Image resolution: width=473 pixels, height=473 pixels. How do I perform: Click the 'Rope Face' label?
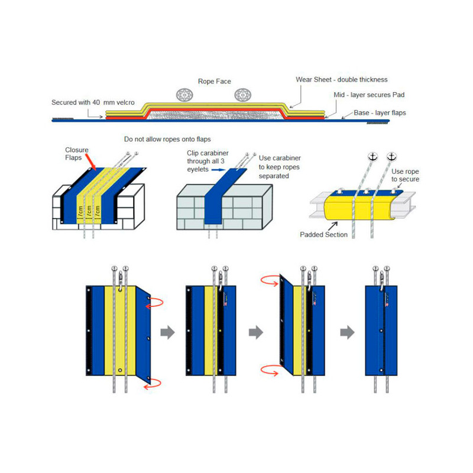(214, 82)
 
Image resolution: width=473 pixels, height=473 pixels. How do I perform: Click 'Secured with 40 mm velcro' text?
(93, 102)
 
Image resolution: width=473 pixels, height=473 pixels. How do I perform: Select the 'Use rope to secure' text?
(405, 176)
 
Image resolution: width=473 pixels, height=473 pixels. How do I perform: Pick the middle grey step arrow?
(255, 333)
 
